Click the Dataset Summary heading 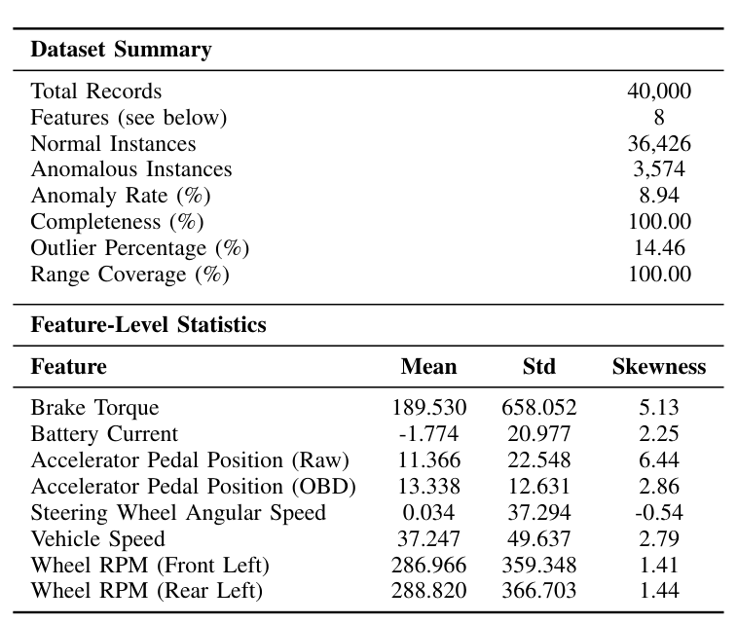coord(121,50)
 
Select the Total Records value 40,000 coord(659,92)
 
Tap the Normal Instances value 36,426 coord(659,144)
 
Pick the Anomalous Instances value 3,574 coord(659,170)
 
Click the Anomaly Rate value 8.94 coord(659,196)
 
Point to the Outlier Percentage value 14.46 coord(659,248)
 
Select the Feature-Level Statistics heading coord(148,325)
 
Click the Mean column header coord(428,367)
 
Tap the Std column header coord(538,367)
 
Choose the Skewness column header coord(659,367)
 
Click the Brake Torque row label coord(94,408)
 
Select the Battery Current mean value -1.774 coord(428,434)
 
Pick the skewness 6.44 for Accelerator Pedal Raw coord(659,460)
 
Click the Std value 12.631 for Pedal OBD coord(538,487)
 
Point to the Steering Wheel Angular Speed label coord(178,513)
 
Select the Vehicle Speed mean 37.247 coord(428,539)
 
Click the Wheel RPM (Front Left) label coord(150,566)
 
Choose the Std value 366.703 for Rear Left coord(538,591)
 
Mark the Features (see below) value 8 coord(659,118)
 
